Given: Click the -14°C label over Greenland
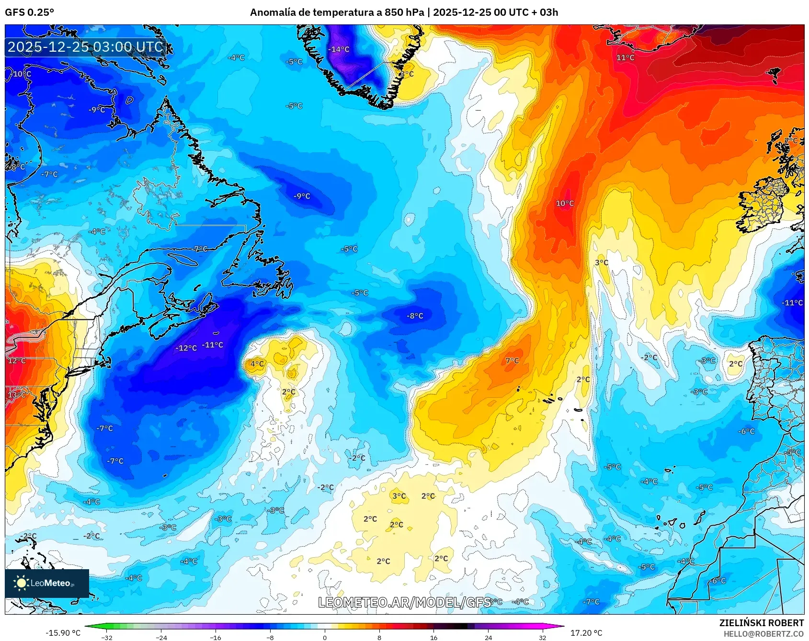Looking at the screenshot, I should [x=339, y=49].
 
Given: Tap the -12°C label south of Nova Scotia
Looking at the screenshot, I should [x=186, y=348].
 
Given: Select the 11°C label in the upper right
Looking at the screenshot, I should [x=625, y=57].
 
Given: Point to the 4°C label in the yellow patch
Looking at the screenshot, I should [x=257, y=364].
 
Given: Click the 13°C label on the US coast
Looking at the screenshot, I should [x=17, y=395].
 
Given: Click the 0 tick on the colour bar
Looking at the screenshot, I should [x=325, y=637].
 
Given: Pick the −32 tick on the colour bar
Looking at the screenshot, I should [x=107, y=637].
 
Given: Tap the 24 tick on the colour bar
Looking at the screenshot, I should [x=488, y=637].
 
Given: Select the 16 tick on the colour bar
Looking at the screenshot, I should [x=433, y=637].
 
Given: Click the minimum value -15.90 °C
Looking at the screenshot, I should [x=63, y=633].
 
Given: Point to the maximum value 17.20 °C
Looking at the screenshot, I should [x=586, y=633].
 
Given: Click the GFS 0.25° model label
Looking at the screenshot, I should [x=29, y=12].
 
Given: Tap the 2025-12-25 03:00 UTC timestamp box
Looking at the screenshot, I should [x=85, y=47].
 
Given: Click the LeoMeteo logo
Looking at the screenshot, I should [x=47, y=583].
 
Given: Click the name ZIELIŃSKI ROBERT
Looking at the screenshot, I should [x=762, y=623].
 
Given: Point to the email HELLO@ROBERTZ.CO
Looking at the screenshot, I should [x=763, y=634].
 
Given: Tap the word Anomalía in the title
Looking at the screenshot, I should [x=272, y=12].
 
